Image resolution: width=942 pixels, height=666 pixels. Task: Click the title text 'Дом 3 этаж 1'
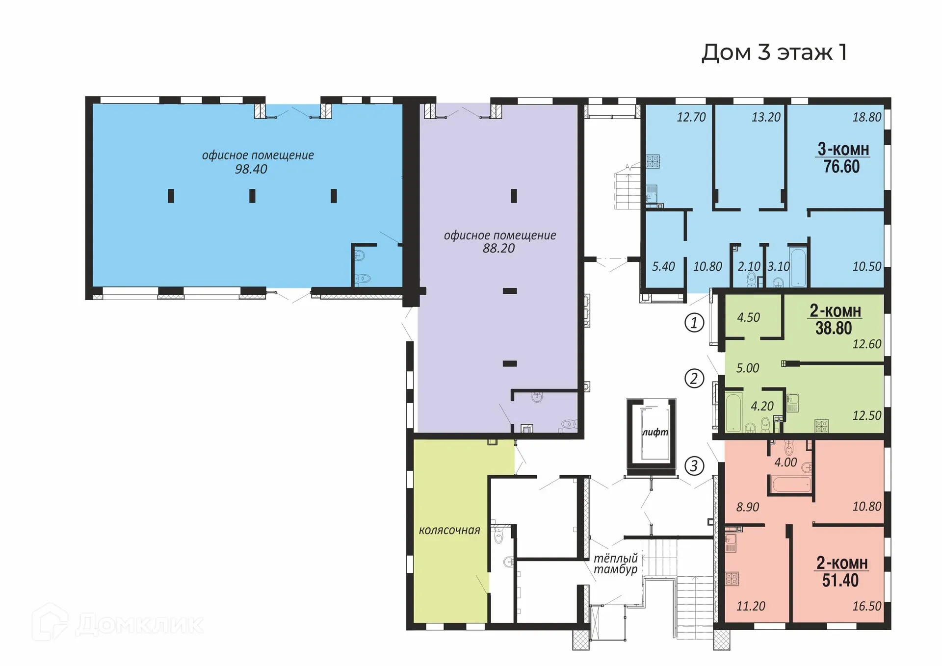774,52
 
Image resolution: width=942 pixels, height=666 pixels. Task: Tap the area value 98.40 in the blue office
251,169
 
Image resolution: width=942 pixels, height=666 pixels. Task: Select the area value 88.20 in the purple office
498,249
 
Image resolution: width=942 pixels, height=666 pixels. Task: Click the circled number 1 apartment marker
694,323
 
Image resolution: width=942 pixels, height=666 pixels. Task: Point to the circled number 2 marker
694,379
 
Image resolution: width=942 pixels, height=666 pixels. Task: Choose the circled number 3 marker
694,465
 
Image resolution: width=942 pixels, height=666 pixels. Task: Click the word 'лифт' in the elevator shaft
655,432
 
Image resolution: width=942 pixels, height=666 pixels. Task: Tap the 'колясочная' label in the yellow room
449,530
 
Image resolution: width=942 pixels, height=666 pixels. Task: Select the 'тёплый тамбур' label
615,564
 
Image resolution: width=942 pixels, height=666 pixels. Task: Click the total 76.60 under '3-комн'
841,167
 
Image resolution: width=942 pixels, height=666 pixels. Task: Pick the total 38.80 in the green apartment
834,328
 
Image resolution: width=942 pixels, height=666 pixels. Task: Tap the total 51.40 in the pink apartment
840,581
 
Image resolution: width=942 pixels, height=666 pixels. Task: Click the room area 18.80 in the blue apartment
866,117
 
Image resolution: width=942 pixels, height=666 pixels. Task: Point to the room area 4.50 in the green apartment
748,318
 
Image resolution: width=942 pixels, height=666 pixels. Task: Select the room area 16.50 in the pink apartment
866,606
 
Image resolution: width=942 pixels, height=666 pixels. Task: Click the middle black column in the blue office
252,196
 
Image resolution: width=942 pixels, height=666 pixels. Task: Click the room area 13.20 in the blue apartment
766,117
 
